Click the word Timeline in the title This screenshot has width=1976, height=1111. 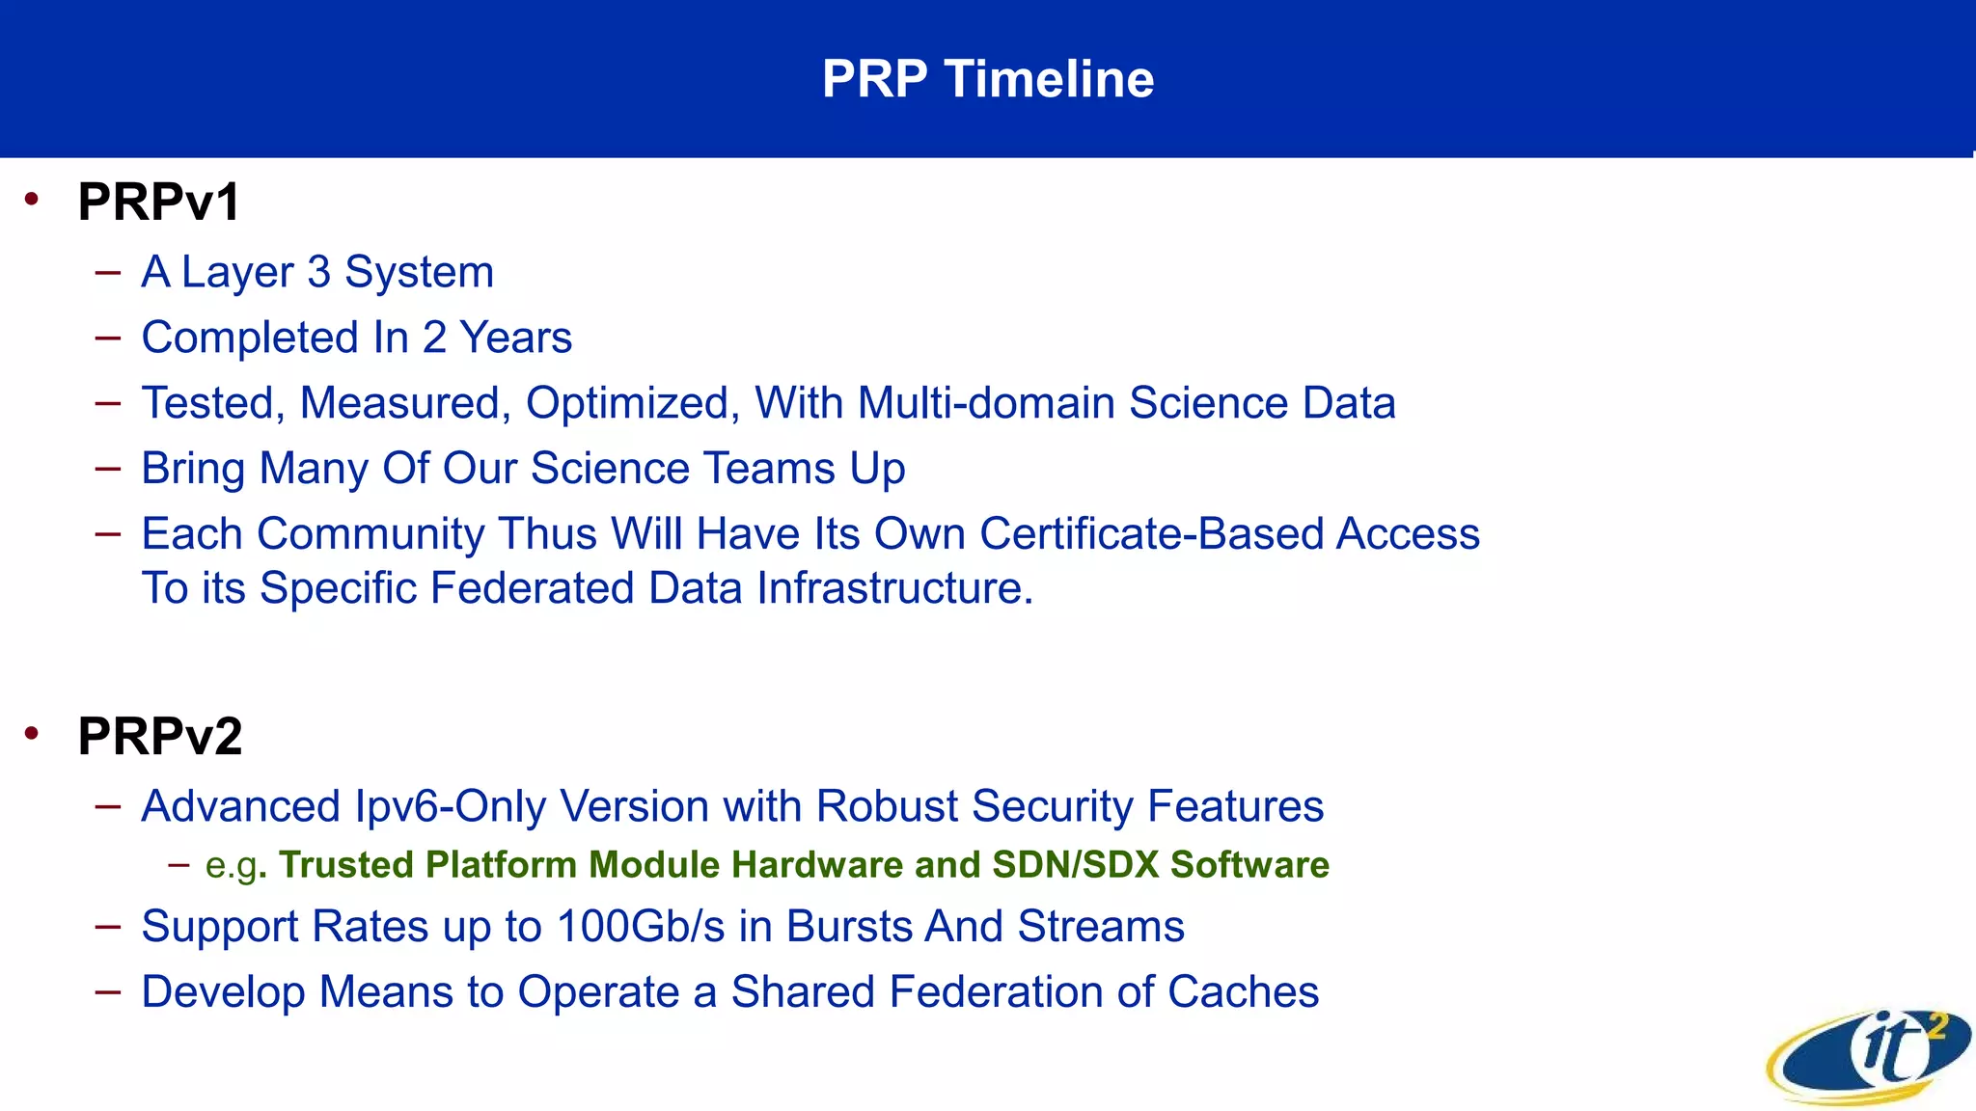[1049, 79]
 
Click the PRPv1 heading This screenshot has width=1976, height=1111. [158, 203]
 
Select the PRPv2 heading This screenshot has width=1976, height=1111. [159, 737]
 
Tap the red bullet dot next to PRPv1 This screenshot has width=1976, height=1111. [33, 200]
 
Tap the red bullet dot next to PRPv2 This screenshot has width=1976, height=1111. [33, 734]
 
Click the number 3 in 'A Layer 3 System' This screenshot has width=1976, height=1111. [318, 272]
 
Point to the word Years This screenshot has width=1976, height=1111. [515, 338]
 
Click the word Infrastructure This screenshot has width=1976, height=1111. [893, 588]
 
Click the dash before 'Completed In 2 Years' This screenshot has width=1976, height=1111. [108, 338]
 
